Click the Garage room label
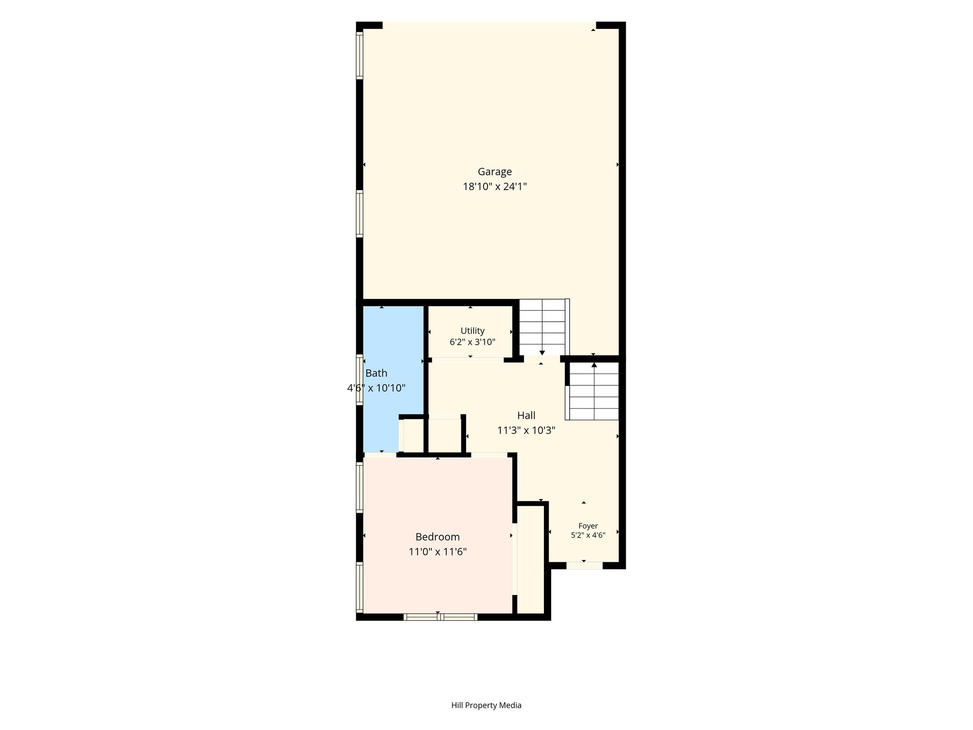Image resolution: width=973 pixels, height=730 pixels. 495,172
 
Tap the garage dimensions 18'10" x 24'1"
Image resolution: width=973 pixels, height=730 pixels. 495,186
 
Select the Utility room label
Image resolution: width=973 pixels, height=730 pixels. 472,331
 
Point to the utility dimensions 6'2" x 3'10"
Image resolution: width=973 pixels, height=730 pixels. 472,342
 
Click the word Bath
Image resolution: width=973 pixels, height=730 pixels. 376,374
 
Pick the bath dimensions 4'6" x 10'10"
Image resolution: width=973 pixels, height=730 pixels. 376,388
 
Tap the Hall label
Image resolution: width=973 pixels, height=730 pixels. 526,415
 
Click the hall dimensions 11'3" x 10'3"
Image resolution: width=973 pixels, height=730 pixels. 526,431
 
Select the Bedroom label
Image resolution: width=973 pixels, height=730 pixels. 438,537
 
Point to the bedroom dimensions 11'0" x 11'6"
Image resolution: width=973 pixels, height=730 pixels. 438,552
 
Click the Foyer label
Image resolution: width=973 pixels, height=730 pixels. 588,526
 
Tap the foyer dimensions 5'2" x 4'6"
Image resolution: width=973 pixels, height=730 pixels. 588,535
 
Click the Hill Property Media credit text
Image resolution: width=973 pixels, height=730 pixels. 486,705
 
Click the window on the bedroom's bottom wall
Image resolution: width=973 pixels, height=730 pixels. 440,617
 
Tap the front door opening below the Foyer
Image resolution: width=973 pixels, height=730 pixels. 584,566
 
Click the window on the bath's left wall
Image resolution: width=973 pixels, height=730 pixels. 360,380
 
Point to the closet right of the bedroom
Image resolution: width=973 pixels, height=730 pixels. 530,559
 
